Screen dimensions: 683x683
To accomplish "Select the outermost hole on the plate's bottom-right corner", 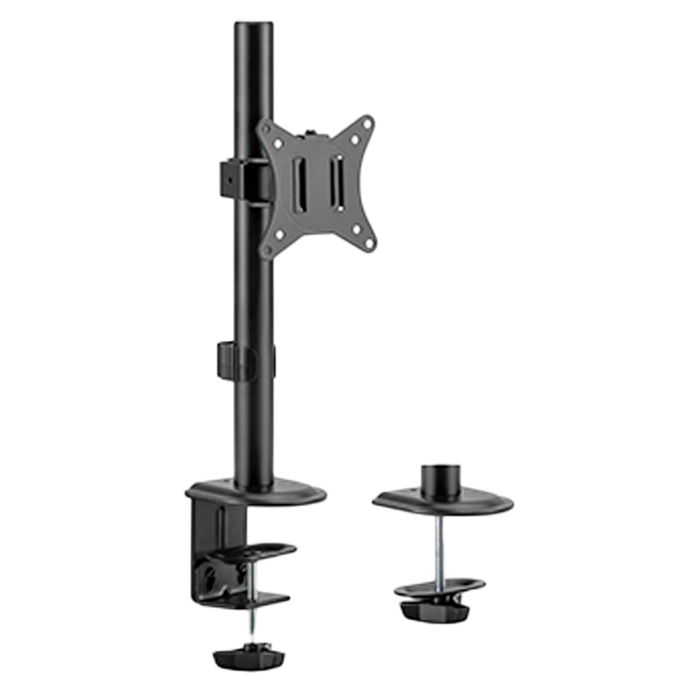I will (368, 242).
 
